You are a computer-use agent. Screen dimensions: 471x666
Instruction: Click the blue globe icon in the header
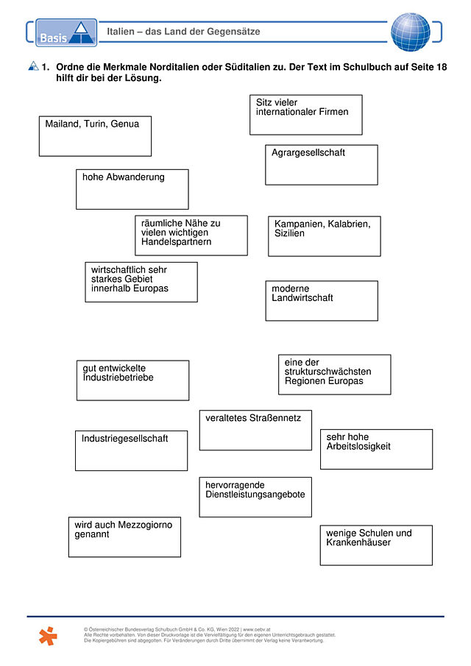pyautogui.click(x=410, y=32)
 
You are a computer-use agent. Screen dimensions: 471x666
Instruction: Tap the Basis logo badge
pyautogui.click(x=66, y=32)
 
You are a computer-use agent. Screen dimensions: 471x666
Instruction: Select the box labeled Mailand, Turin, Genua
pyautogui.click(x=95, y=136)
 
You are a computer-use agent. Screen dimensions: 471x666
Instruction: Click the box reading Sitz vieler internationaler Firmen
pyautogui.click(x=306, y=115)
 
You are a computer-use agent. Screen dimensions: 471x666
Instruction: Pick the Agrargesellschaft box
pyautogui.click(x=322, y=165)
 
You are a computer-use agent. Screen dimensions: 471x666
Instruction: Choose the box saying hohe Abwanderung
pyautogui.click(x=132, y=189)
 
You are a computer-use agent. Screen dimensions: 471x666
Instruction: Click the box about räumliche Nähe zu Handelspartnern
pyautogui.click(x=191, y=235)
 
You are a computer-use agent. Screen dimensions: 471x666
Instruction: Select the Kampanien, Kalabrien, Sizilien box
pyautogui.click(x=325, y=236)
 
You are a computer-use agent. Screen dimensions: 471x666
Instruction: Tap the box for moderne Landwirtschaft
pyautogui.click(x=322, y=301)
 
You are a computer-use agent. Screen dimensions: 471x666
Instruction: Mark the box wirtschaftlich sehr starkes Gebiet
pyautogui.click(x=141, y=282)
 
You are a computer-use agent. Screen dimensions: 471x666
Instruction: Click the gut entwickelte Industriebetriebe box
pyautogui.click(x=132, y=380)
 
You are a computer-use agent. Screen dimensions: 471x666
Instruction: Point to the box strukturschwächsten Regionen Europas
pyautogui.click(x=335, y=375)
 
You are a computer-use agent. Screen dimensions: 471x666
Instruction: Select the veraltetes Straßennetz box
pyautogui.click(x=255, y=430)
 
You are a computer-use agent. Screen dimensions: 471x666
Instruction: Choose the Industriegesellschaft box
pyautogui.click(x=131, y=450)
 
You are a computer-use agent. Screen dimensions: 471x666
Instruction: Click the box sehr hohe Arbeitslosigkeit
pyautogui.click(x=376, y=449)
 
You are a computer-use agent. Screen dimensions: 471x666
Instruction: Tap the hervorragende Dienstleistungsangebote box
pyautogui.click(x=255, y=497)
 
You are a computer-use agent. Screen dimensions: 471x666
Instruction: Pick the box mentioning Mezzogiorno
pyautogui.click(x=124, y=537)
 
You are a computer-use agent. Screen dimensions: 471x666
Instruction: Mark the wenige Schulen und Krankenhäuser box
pyautogui.click(x=376, y=545)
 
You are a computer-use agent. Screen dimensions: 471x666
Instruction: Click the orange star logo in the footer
pyautogui.click(x=48, y=636)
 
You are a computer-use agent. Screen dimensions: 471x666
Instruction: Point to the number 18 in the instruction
pyautogui.click(x=442, y=67)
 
